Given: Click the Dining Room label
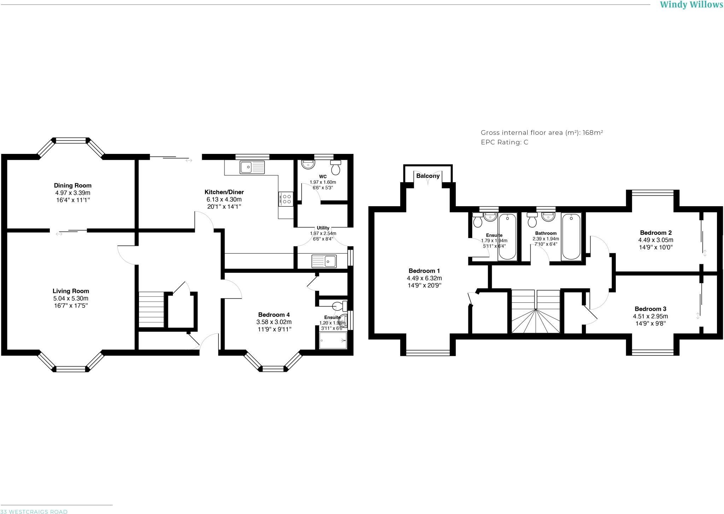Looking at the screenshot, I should (72, 185).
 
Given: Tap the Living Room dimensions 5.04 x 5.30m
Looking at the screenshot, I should (71, 299).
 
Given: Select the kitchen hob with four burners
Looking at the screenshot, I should (286, 199).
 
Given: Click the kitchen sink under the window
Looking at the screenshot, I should (252, 167).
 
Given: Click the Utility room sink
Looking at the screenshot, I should (324, 261).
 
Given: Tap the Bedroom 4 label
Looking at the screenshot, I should (274, 314).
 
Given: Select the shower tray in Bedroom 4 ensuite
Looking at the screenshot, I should (333, 340).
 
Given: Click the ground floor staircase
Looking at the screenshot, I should (151, 310).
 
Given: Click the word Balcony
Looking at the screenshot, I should (428, 176).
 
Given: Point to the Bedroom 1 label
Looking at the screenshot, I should (424, 271).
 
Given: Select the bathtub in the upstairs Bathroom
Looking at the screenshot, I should (571, 236).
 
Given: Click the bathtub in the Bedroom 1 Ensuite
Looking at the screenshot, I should (507, 237).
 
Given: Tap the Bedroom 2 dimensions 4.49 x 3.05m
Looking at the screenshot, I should (656, 240).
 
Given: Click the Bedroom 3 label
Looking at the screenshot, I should (650, 309).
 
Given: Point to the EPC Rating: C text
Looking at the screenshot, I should (504, 142).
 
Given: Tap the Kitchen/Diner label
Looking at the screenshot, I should (224, 192).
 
